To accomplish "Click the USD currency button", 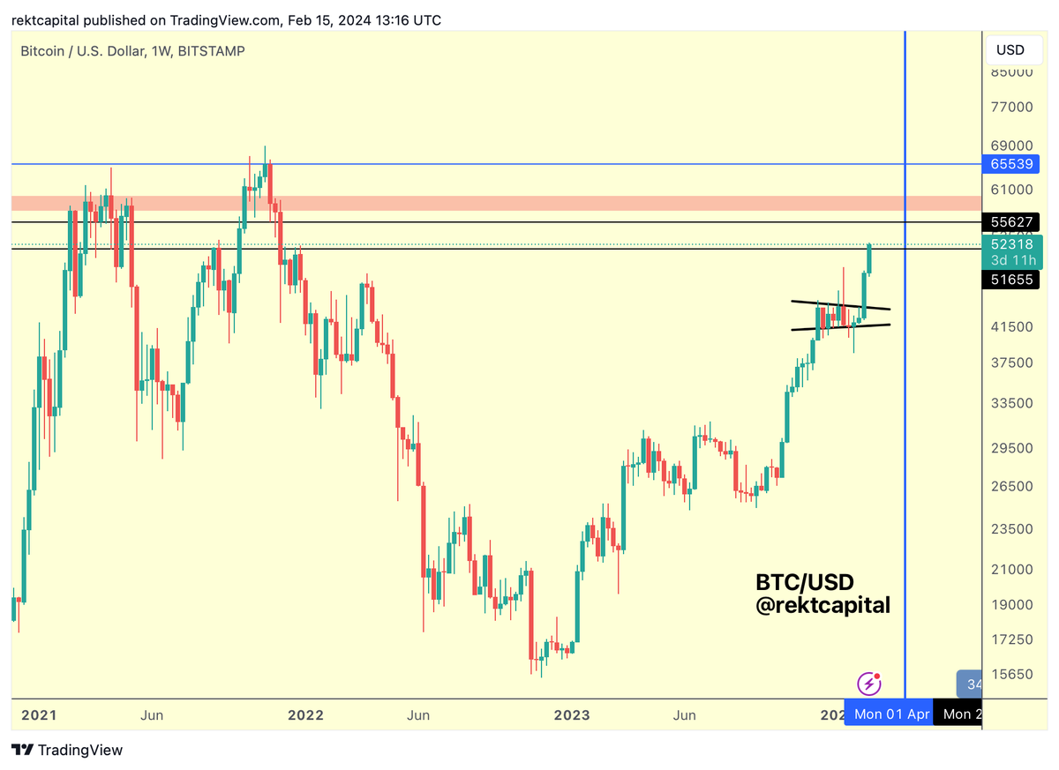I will [1010, 49].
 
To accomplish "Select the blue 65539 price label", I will [1010, 164].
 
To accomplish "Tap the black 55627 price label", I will [1010, 222].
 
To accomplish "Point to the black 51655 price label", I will [1010, 280].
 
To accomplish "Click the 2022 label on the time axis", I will [306, 714].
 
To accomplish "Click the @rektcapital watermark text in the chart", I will [822, 606].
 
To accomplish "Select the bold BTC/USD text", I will [805, 582].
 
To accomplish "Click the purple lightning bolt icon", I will [869, 684].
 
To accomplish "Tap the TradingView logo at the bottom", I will [68, 751].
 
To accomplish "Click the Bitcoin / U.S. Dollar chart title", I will [132, 51].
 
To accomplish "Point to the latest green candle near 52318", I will [869, 258].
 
